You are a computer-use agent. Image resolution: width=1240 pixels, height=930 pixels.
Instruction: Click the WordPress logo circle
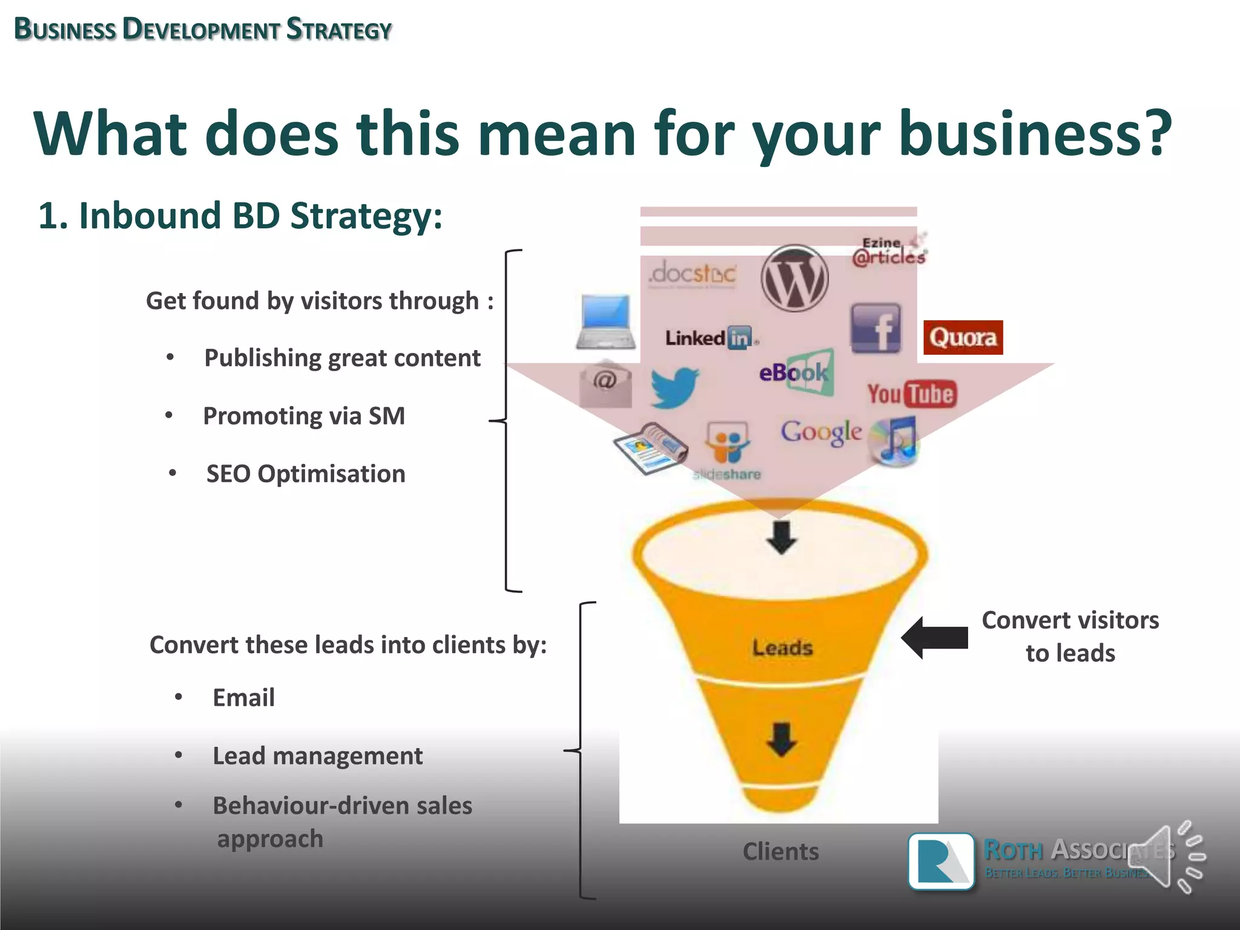(x=794, y=279)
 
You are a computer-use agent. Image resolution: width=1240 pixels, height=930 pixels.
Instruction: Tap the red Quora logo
(x=963, y=337)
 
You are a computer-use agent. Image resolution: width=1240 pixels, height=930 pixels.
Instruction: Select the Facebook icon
(x=876, y=329)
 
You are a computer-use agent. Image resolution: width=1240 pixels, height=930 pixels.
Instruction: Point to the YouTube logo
(x=912, y=394)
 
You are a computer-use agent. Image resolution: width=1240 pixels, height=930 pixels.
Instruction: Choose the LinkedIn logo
(x=711, y=338)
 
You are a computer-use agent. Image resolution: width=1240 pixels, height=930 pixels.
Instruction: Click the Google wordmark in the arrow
(x=821, y=432)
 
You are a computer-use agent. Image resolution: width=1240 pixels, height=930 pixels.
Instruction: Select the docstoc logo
(x=693, y=274)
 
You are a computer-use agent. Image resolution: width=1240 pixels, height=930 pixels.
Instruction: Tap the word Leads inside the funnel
(x=782, y=648)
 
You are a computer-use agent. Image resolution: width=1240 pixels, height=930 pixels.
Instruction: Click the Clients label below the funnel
(x=780, y=851)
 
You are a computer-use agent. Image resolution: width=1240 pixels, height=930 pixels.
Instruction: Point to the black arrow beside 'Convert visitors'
(x=935, y=638)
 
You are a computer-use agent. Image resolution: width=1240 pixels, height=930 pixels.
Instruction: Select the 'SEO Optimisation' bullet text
(x=306, y=473)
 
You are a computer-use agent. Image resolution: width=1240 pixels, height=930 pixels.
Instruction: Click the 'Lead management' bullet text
(x=317, y=756)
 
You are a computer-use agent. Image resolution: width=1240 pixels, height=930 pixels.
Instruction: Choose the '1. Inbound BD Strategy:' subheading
(x=240, y=216)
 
